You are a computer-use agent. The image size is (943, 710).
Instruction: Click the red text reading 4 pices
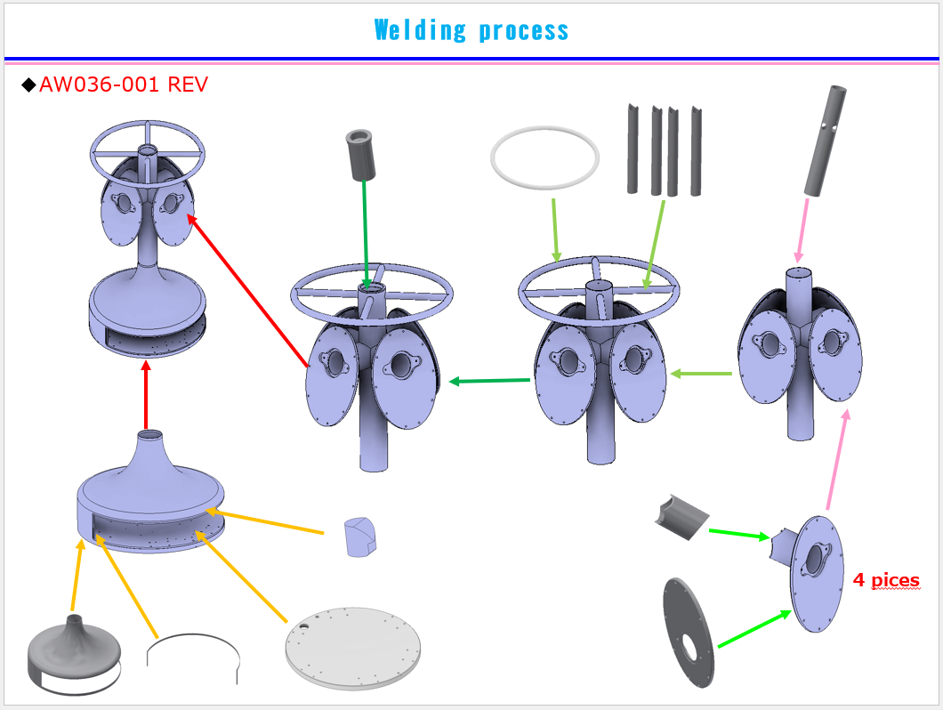pos(886,580)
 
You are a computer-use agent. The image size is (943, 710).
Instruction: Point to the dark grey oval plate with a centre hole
pos(689,632)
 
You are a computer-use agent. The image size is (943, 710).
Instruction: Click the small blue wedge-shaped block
pos(359,537)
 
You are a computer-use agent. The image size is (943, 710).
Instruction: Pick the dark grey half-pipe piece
pos(681,517)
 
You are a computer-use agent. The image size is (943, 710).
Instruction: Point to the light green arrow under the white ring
pos(555,230)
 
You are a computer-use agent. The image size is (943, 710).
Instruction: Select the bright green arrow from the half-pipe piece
pos(739,534)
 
